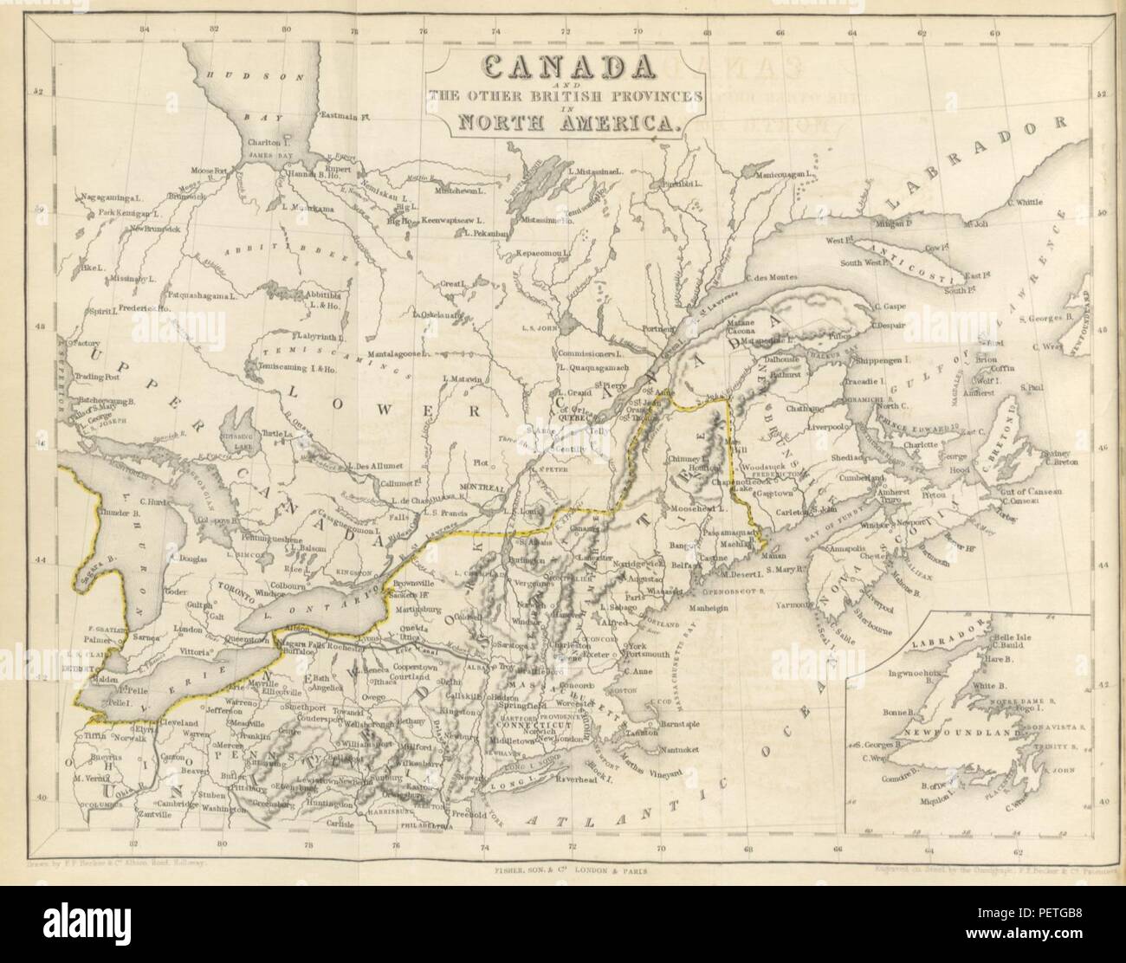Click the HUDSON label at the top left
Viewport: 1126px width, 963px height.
[x=257, y=76]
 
